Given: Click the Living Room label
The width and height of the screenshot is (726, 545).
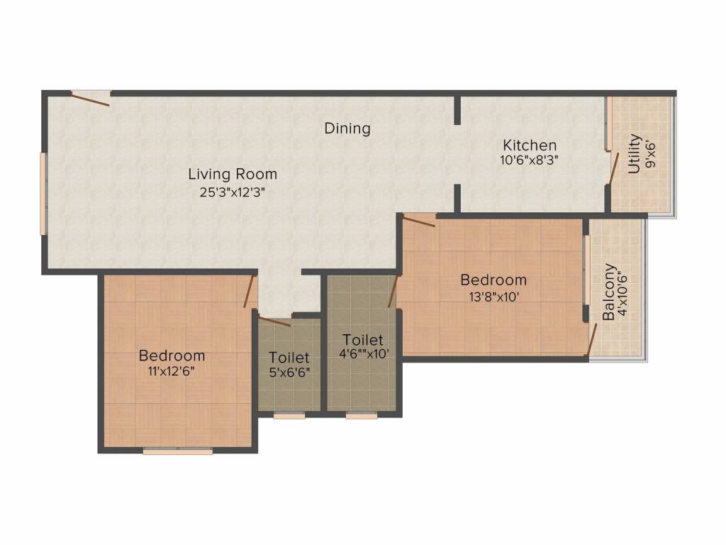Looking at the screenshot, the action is click(233, 175).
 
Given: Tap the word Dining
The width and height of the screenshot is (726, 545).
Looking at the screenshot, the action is click(347, 128).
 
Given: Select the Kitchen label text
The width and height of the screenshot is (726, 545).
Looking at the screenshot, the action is click(530, 145).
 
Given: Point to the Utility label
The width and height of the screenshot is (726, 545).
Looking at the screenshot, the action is click(634, 154).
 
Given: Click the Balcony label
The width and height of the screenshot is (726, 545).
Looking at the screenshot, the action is click(609, 292).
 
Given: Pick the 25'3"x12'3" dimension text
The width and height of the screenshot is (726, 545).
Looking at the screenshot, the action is click(232, 192).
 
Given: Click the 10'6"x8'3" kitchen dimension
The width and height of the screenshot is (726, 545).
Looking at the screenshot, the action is click(529, 160).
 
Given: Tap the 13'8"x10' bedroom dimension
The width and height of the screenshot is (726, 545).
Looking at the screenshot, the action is click(494, 297).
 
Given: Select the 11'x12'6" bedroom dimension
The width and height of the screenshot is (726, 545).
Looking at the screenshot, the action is click(172, 371).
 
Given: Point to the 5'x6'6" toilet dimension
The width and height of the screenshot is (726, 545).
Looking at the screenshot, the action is click(289, 372).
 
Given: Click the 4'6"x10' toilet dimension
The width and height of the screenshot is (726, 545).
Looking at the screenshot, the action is click(364, 354).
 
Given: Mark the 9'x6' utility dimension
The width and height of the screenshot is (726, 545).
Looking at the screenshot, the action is click(651, 154).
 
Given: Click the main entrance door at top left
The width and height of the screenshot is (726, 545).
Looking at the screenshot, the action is click(90, 98).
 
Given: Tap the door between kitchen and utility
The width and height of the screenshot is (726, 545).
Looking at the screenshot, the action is click(613, 169).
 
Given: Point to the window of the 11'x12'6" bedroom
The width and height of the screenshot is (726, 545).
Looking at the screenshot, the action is click(178, 451).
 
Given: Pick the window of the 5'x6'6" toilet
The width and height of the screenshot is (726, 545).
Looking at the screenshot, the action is click(289, 416).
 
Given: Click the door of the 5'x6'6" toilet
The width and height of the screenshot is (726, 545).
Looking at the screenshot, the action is click(274, 321).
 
